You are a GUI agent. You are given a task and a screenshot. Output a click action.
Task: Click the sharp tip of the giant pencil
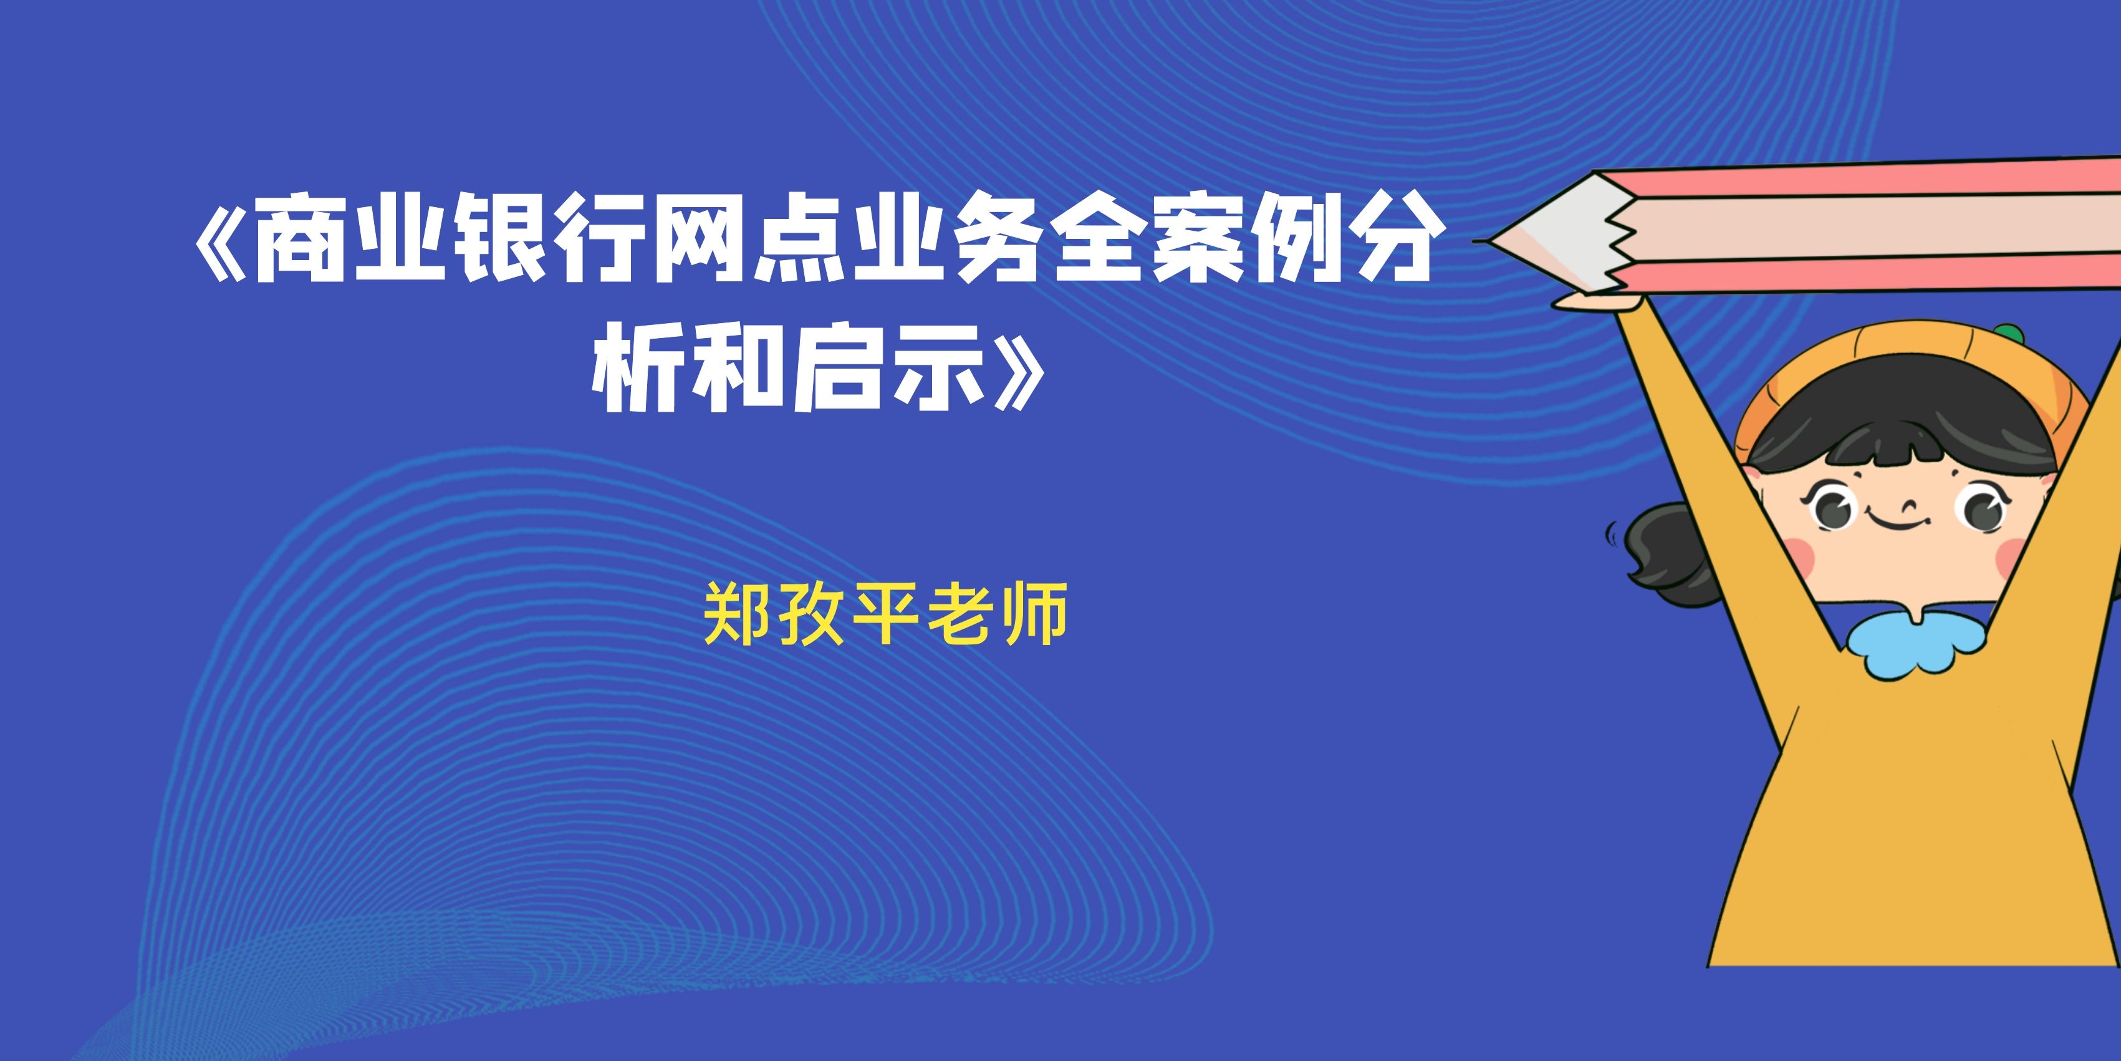(x=1476, y=241)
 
